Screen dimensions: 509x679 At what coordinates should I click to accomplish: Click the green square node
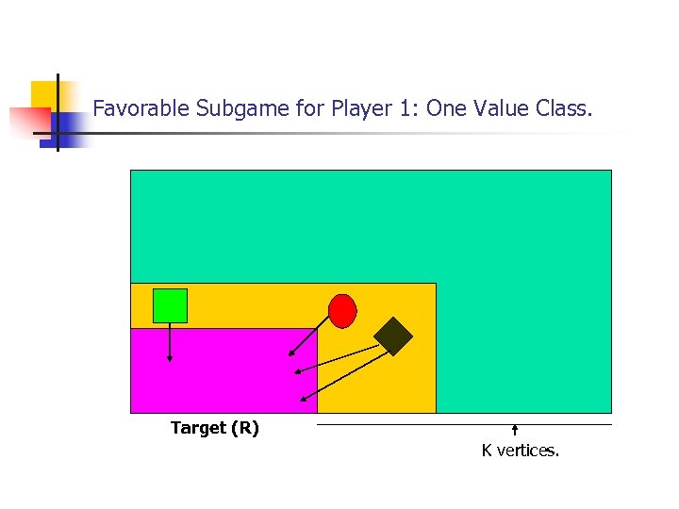[170, 305]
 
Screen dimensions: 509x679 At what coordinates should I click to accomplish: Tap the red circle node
[342, 310]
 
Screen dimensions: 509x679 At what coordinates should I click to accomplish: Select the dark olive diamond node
[393, 336]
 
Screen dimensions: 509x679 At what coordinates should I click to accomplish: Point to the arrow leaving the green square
[170, 342]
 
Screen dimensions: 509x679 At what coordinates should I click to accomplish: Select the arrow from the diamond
[339, 374]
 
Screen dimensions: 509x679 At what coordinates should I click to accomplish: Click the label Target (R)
[214, 428]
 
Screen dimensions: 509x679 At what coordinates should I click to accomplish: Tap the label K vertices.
[520, 451]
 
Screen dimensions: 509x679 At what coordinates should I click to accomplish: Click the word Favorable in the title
[141, 108]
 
